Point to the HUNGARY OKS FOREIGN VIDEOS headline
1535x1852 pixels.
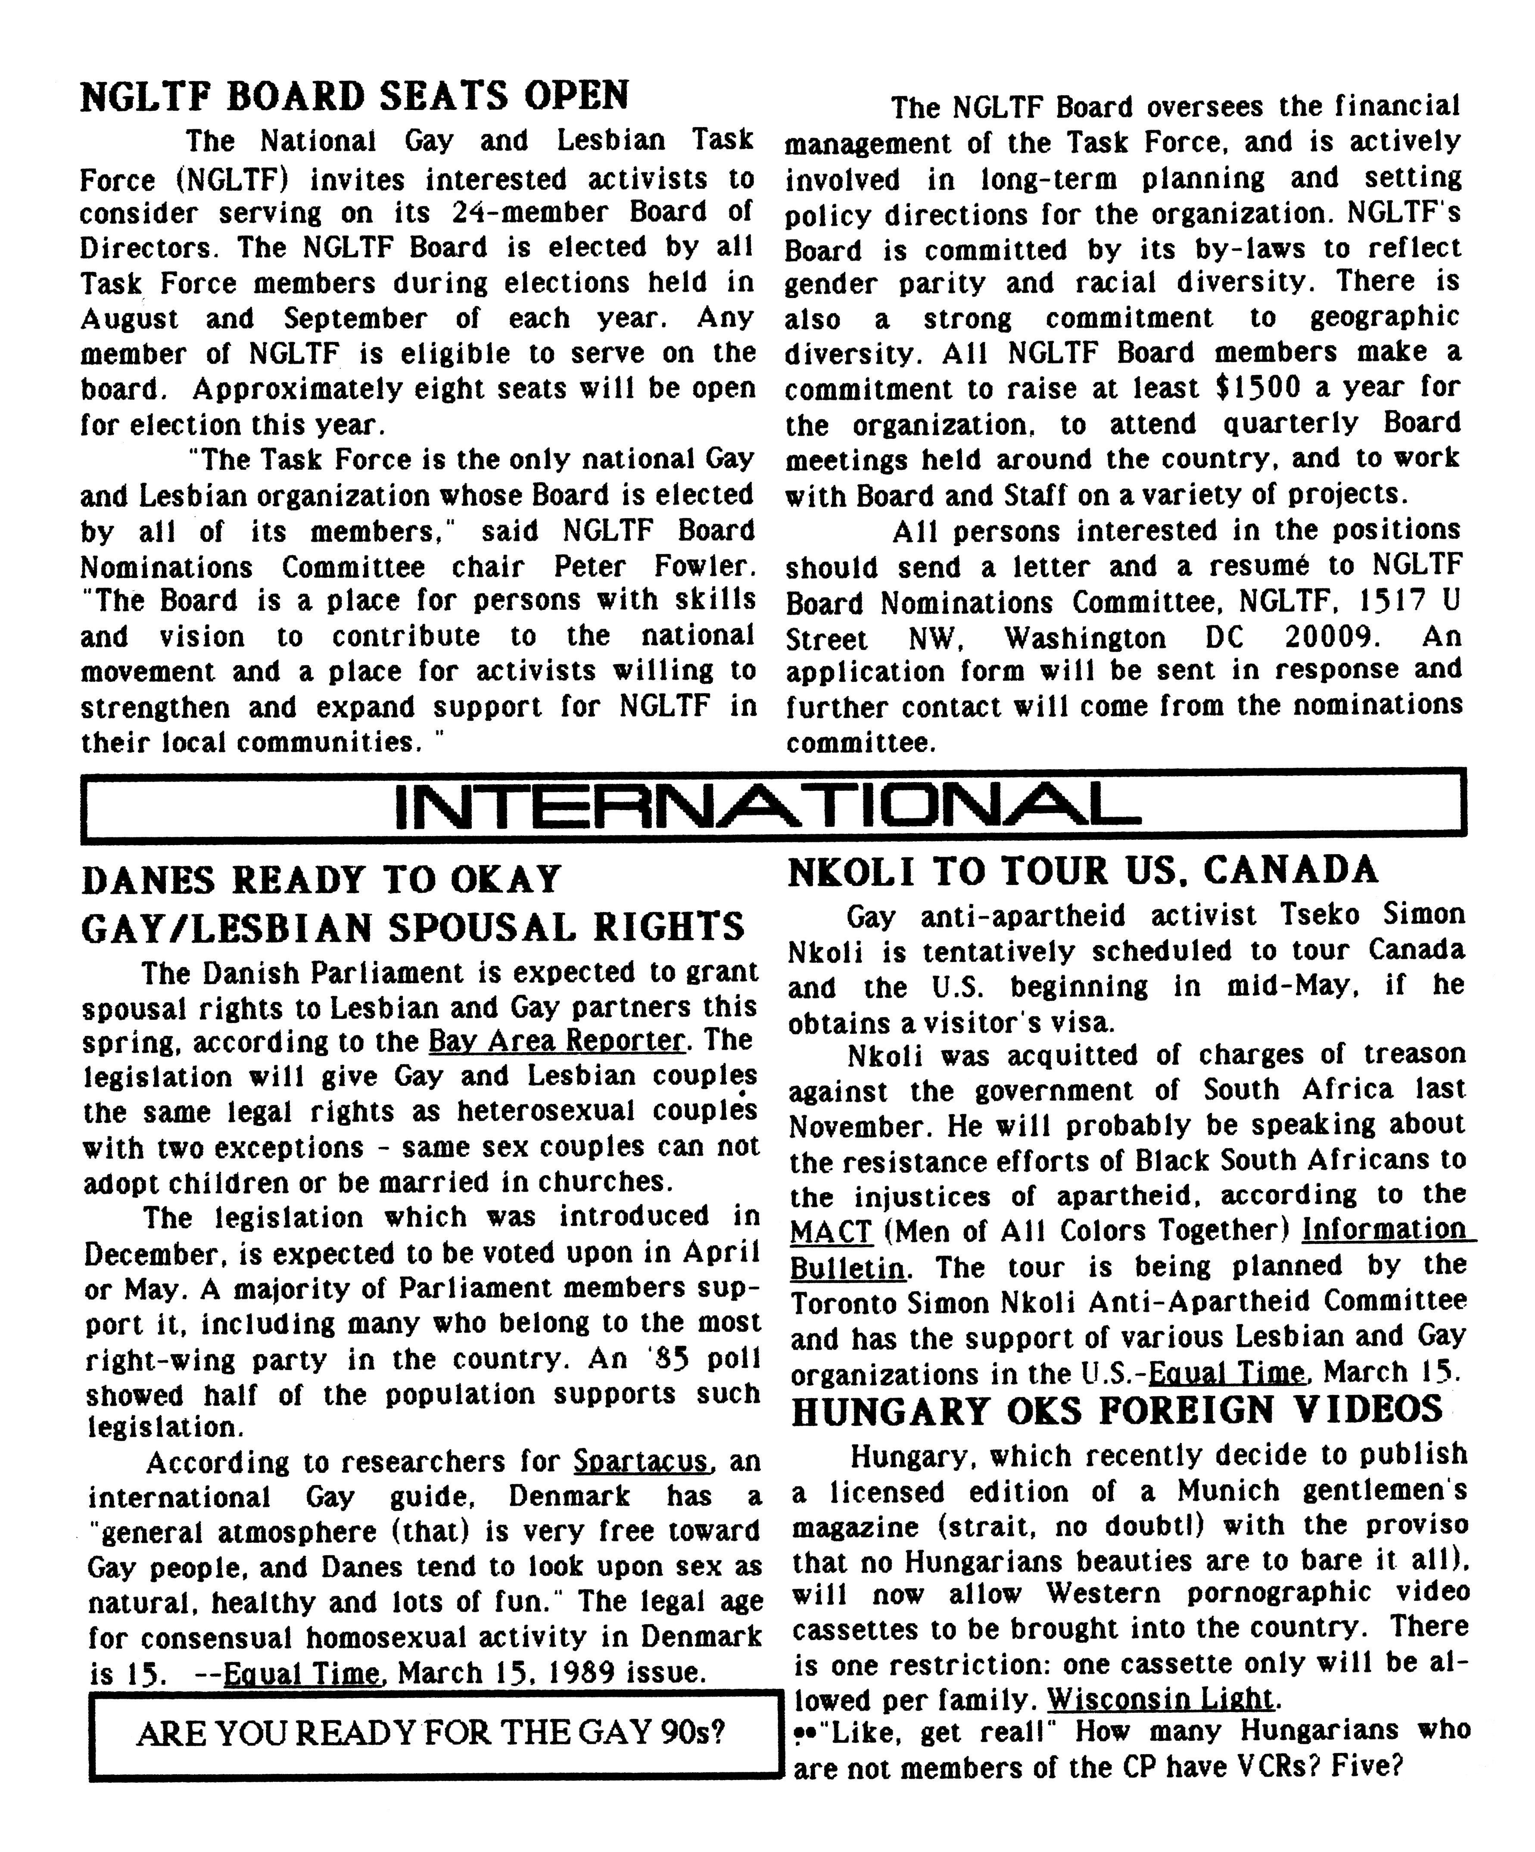(1117, 1411)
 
